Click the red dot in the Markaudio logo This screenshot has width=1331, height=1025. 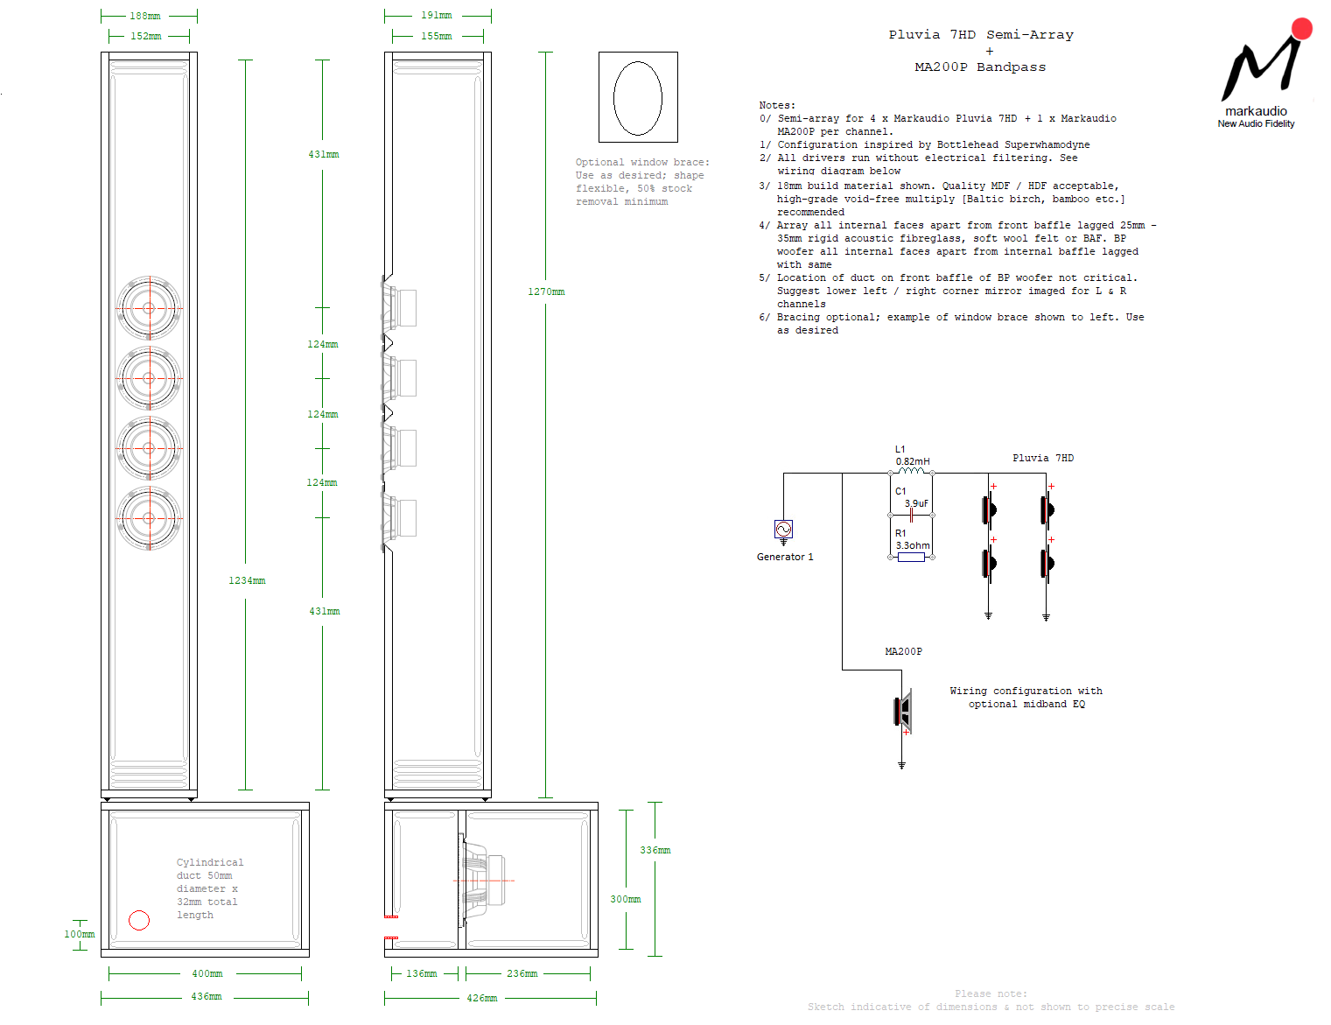[1301, 29]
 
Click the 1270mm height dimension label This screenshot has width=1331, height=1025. [546, 291]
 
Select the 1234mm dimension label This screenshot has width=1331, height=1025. [247, 580]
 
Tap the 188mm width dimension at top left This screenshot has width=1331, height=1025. [145, 16]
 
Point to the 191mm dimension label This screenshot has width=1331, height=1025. [437, 15]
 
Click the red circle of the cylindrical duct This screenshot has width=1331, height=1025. [139, 920]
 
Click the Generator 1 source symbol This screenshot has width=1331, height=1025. [783, 529]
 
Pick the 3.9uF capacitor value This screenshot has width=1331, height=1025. [916, 503]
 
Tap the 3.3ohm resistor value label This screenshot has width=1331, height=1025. [913, 545]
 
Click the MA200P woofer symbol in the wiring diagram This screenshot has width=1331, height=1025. [903, 710]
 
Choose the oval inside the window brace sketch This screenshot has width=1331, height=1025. [638, 98]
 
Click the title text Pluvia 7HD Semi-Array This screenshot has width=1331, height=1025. [981, 35]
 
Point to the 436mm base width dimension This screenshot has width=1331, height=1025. [207, 996]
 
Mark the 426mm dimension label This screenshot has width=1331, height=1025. [481, 997]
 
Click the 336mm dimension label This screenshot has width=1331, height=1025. [655, 850]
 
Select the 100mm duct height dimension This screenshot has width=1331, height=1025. [79, 934]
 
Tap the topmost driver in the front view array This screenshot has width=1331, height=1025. [149, 308]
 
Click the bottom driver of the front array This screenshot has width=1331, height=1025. [149, 518]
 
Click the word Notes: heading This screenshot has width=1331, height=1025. [777, 105]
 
